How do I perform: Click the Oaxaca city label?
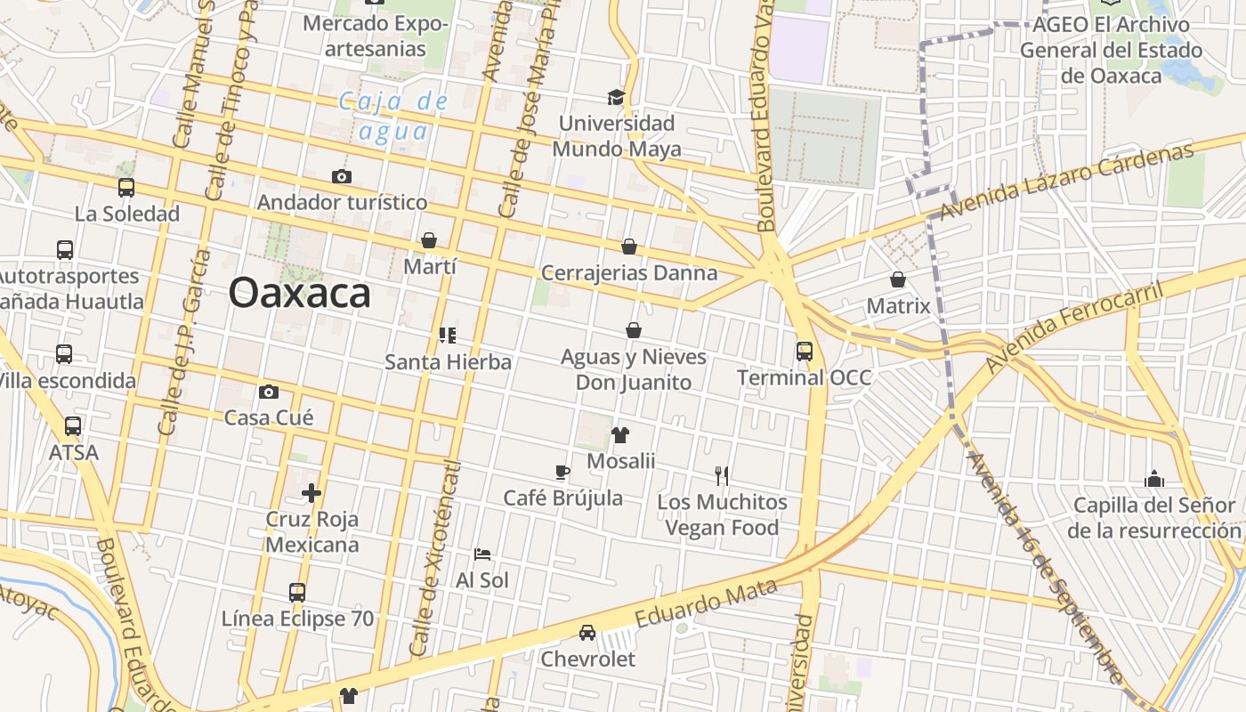[x=299, y=293]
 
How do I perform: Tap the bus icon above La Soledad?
[x=126, y=188]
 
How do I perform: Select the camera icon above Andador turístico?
[x=341, y=176]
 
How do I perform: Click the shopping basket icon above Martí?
[x=429, y=240]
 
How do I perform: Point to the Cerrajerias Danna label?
[x=628, y=272]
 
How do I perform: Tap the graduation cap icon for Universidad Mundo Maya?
[x=616, y=97]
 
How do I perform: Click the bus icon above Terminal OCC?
[x=805, y=351]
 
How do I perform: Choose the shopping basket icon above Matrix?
[x=898, y=279]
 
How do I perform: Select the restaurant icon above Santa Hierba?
[x=448, y=336]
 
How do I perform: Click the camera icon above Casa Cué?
[x=268, y=392]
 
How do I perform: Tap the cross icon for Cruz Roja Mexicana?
[x=311, y=492]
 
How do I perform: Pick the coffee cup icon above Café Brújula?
[x=562, y=472]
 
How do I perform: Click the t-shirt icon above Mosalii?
[x=620, y=435]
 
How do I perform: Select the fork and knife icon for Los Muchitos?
[x=722, y=476]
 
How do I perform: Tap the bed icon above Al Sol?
[x=482, y=554]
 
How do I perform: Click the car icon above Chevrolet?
[x=587, y=633]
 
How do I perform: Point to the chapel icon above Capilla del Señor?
[x=1154, y=480]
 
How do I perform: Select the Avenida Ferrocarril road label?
[x=1075, y=328]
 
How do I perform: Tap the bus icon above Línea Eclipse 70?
[x=297, y=592]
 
